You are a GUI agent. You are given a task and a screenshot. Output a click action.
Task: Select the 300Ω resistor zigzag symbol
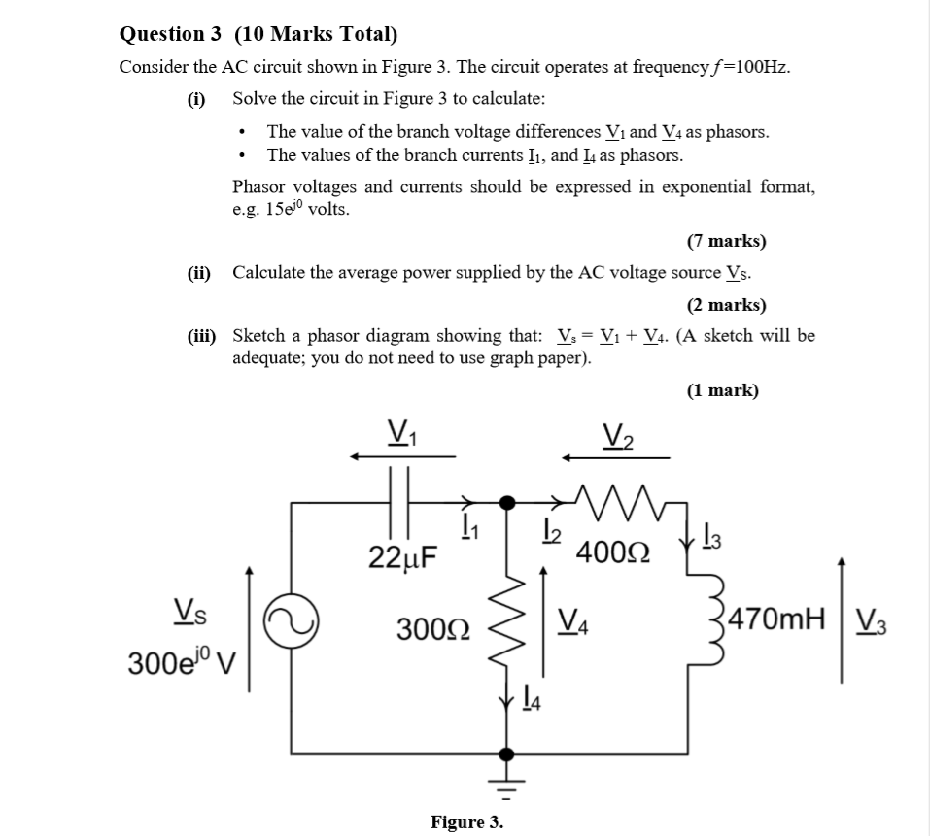506,628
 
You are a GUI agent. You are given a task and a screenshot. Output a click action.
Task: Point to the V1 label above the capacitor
397,428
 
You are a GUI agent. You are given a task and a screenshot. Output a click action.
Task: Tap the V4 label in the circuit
576,619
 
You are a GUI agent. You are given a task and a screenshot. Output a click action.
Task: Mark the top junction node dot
506,502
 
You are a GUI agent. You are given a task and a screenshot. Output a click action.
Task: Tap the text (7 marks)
726,240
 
